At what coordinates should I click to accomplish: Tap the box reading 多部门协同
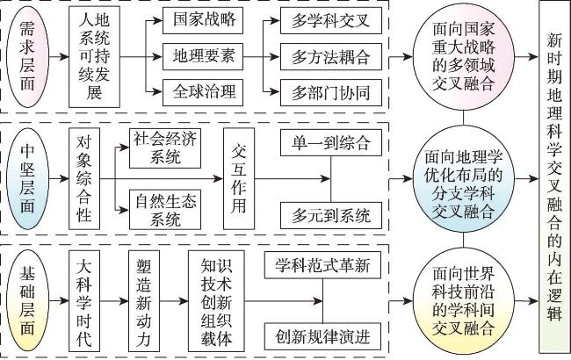pyautogui.click(x=324, y=91)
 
